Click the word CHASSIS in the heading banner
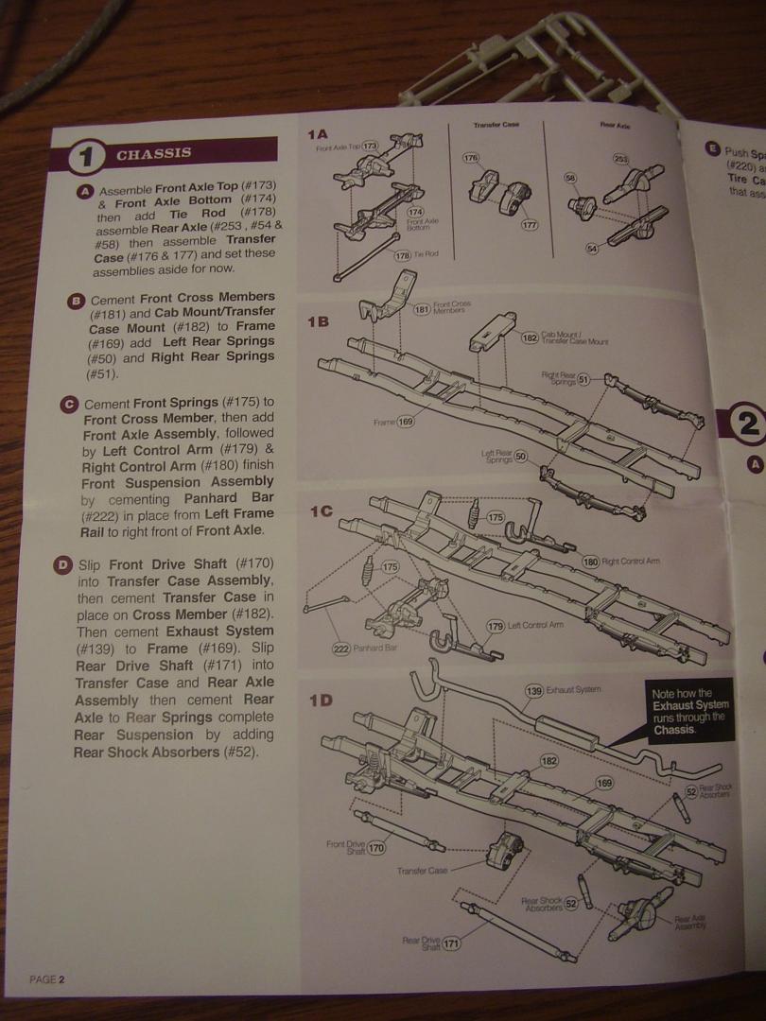pyautogui.click(x=154, y=153)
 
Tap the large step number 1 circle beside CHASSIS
pyautogui.click(x=86, y=156)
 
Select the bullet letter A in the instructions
pyautogui.click(x=86, y=191)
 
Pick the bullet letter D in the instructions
pyautogui.click(x=63, y=566)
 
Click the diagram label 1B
pyautogui.click(x=319, y=321)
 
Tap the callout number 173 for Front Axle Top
pyautogui.click(x=370, y=147)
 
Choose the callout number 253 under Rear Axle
pyautogui.click(x=621, y=159)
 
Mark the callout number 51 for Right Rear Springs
pyautogui.click(x=583, y=379)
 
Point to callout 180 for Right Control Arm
pyautogui.click(x=591, y=561)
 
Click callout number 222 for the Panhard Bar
pyautogui.click(x=341, y=649)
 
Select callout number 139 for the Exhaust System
pyautogui.click(x=534, y=691)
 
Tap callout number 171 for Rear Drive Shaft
pyautogui.click(x=452, y=943)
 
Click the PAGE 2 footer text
pyautogui.click(x=47, y=978)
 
